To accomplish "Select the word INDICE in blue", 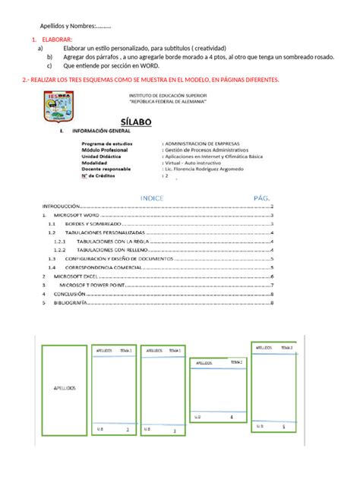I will pos(154,197).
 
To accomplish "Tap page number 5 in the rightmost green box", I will pos(283,426).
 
